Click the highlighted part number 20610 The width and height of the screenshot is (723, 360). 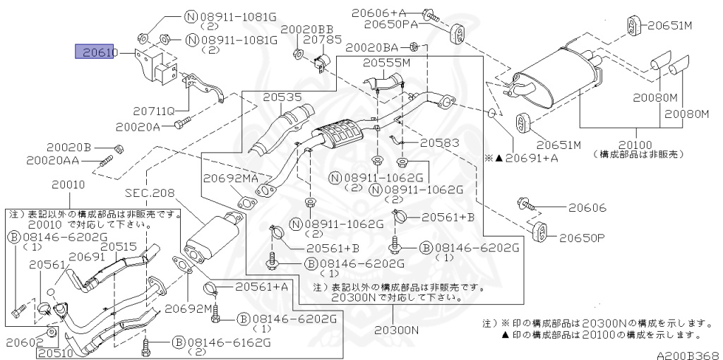pos(97,52)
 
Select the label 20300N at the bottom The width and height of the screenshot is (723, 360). pos(396,330)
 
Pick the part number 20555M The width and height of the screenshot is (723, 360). pos(386,63)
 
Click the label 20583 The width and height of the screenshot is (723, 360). pos(438,143)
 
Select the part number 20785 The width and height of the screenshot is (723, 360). pos(322,40)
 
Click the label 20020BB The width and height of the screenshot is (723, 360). pos(307,29)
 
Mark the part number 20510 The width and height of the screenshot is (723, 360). pos(60,352)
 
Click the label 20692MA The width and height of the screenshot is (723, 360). pos(231,179)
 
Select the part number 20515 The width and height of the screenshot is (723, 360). pos(118,246)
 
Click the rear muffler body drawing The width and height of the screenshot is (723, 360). pos(557,78)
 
